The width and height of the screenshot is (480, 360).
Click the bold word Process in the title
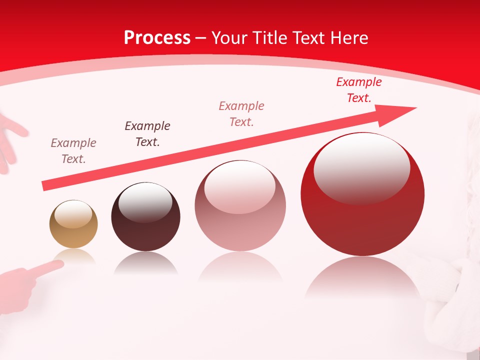coord(157,38)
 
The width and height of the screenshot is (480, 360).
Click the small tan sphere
coord(73,224)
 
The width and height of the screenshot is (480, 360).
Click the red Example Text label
coord(358,90)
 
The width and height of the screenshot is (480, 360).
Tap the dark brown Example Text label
coord(147,134)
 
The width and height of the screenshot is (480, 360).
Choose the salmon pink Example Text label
coord(241,113)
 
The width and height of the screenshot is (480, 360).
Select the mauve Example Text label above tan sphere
coord(73,151)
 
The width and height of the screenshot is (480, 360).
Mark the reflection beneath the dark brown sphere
coord(145,263)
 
